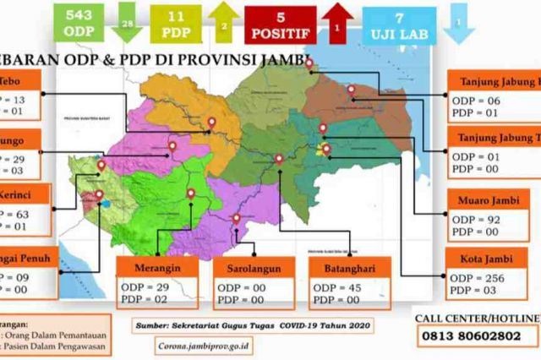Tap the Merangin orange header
click(x=158, y=268)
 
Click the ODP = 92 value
click(x=477, y=218)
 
